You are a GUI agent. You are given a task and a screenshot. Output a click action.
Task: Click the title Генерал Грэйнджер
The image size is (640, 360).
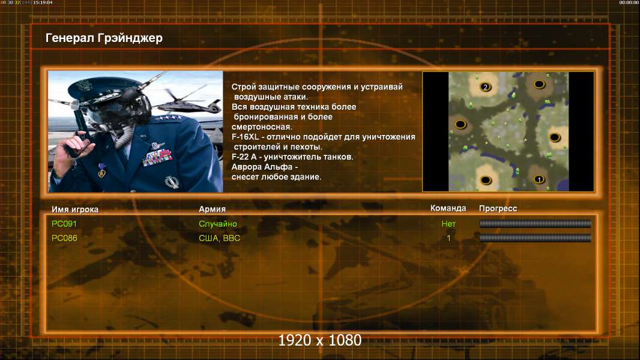(104, 38)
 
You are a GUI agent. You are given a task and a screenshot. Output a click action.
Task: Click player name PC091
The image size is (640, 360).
(64, 224)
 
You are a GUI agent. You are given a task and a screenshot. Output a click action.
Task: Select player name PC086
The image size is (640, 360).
(64, 238)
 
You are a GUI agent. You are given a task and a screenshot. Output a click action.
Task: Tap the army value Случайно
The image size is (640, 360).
(217, 224)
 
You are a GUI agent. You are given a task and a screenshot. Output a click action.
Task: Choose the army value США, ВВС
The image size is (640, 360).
(219, 238)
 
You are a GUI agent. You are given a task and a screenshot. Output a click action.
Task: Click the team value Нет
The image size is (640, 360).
(448, 224)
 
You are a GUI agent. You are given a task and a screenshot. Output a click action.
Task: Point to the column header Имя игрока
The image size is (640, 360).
(74, 209)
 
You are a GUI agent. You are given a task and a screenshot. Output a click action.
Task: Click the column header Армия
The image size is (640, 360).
(213, 209)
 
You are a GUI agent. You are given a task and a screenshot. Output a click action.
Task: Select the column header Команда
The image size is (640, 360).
(448, 208)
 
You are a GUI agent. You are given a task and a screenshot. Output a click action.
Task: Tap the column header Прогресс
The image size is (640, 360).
(498, 208)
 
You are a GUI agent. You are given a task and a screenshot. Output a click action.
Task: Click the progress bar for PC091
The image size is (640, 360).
(536, 223)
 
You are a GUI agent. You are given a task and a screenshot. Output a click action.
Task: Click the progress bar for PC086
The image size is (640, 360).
(536, 238)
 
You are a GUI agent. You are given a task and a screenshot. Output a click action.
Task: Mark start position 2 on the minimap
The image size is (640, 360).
(485, 87)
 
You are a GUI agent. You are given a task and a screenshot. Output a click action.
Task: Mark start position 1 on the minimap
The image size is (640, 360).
(539, 179)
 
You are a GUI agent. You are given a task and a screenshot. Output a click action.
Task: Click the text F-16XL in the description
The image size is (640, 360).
(246, 137)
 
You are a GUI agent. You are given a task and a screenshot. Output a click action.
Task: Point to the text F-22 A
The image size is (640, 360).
(244, 157)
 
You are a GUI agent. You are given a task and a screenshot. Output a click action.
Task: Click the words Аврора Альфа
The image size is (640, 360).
(262, 167)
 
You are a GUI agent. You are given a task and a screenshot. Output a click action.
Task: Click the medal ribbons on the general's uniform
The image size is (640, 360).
(157, 157)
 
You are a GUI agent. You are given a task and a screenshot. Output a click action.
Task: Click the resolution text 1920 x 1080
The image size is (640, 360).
(320, 340)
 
